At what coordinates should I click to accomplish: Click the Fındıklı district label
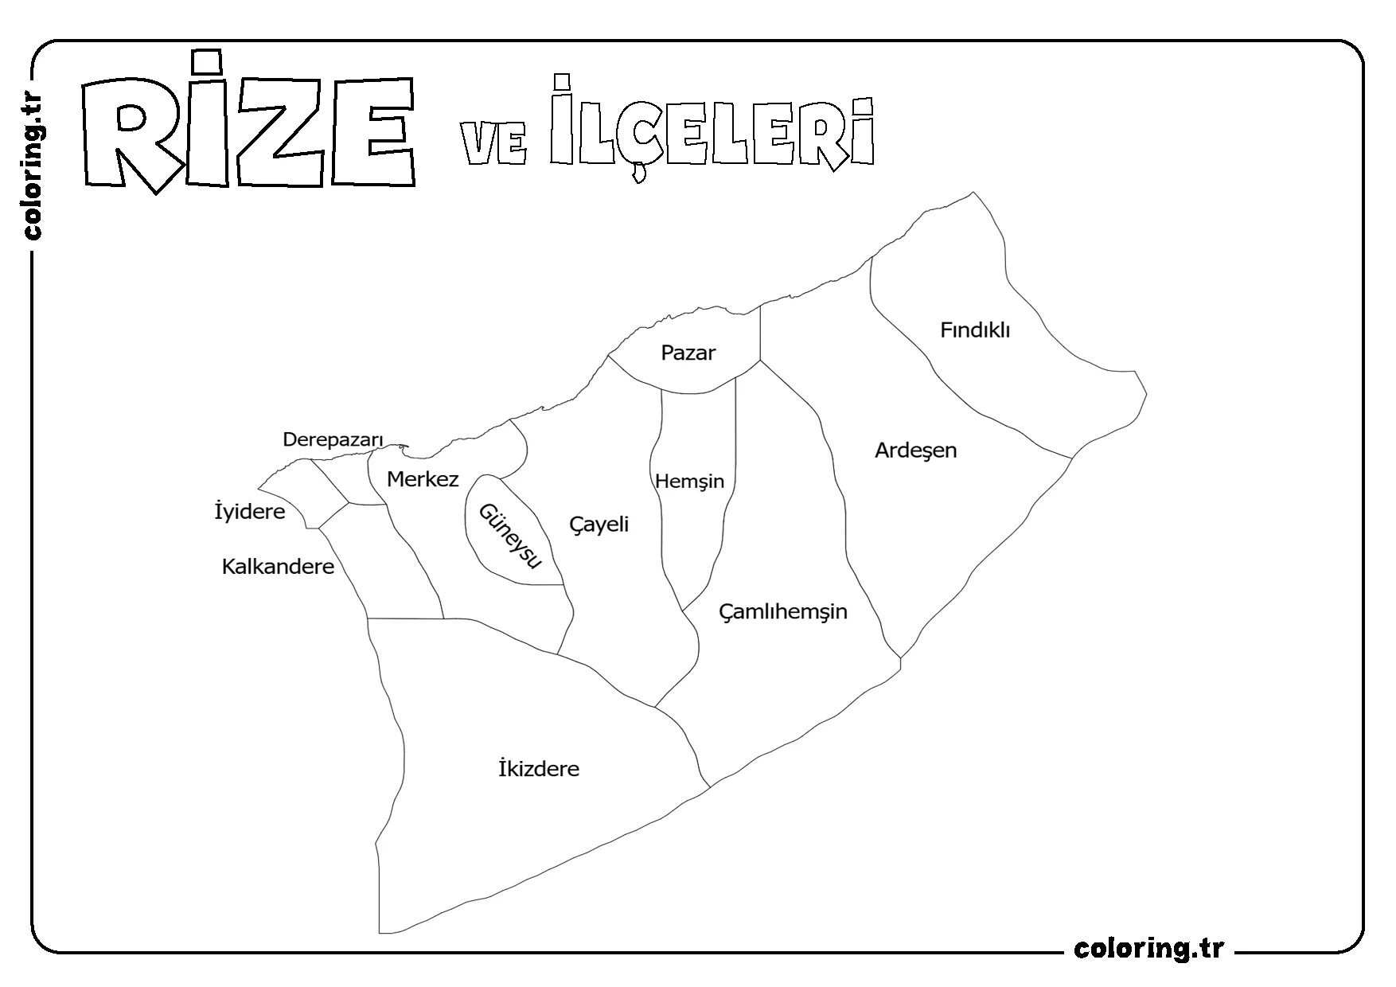tap(975, 330)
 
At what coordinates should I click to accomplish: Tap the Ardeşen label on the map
tap(915, 451)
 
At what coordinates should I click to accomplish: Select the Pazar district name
tap(688, 353)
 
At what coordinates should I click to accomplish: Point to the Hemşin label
tap(689, 482)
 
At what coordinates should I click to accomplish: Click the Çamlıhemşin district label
tap(783, 612)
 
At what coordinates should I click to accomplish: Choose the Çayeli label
tap(599, 524)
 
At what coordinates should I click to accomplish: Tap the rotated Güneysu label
tap(509, 536)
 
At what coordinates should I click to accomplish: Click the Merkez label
tap(423, 479)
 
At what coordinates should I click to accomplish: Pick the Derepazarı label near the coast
tap(333, 439)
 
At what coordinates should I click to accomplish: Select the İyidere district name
tap(250, 512)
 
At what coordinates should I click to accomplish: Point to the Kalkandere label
tap(278, 567)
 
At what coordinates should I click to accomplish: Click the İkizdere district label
tap(539, 769)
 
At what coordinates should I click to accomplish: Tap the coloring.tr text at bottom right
tap(1148, 949)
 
